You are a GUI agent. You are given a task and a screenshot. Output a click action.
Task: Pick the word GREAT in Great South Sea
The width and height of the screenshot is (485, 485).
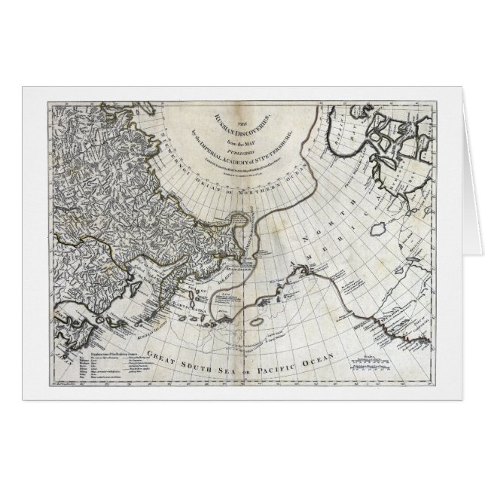click(x=165, y=354)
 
